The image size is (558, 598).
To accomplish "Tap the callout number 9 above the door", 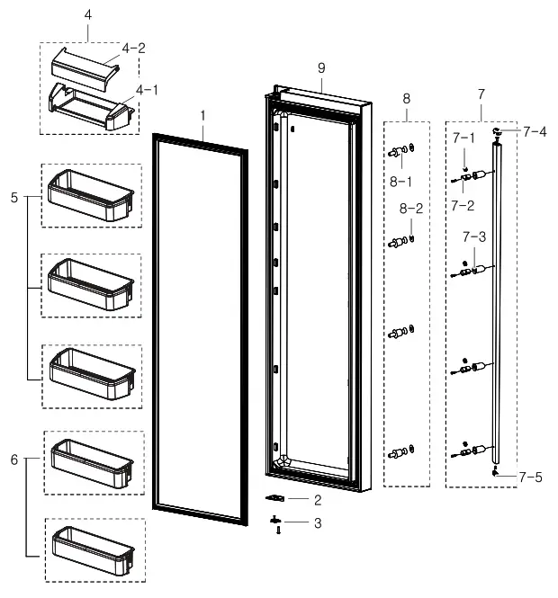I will (320, 68).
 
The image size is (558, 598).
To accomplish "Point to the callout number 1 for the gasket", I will (202, 115).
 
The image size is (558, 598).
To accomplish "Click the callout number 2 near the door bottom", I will (317, 499).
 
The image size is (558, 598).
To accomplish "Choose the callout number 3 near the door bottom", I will (317, 522).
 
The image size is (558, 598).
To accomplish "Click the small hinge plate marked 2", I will (277, 497).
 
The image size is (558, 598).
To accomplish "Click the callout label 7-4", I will (535, 132).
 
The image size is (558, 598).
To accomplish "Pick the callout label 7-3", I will (474, 237).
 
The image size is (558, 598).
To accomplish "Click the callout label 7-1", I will (463, 138).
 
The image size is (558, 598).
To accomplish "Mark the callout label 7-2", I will (463, 205).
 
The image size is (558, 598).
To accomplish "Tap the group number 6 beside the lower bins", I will (13, 460).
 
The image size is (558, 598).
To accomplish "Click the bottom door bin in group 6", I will (92, 547).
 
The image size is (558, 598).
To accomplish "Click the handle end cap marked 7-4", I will (496, 132).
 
